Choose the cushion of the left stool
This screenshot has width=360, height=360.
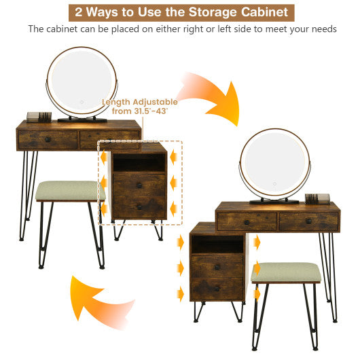[x=70, y=191]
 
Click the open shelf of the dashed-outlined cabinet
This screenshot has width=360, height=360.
[x=139, y=163]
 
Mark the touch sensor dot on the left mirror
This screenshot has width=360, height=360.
[x=80, y=104]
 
